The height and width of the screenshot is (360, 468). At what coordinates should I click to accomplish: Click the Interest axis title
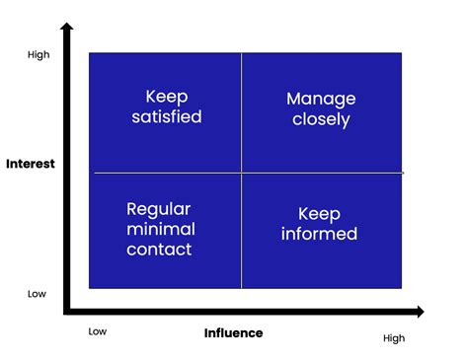[x=30, y=163]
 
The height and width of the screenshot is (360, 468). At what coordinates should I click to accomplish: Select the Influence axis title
[x=233, y=332]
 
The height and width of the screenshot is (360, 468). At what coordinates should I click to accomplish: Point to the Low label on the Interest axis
[x=37, y=293]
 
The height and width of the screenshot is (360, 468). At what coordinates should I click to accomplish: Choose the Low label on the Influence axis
[x=97, y=331]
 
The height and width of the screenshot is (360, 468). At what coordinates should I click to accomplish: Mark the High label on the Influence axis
[x=394, y=338]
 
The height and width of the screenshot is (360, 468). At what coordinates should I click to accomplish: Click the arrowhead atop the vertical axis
[x=67, y=30]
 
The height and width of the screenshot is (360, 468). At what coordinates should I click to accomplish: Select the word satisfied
[x=167, y=116]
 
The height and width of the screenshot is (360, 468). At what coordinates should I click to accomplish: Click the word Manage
[x=320, y=99]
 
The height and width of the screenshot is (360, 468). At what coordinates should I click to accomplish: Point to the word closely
[x=320, y=120]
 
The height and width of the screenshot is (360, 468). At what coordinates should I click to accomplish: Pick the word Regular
[x=159, y=208]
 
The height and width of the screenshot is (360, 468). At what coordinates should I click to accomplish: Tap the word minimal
[x=161, y=229]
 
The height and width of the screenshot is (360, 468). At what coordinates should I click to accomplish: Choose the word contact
[x=160, y=250]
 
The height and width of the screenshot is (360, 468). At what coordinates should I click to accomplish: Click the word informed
[x=319, y=234]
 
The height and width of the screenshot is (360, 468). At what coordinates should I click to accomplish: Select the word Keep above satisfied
[x=166, y=96]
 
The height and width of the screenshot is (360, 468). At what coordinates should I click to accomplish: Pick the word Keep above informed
[x=318, y=212]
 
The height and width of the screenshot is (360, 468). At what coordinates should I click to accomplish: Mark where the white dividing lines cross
[x=241, y=173]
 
